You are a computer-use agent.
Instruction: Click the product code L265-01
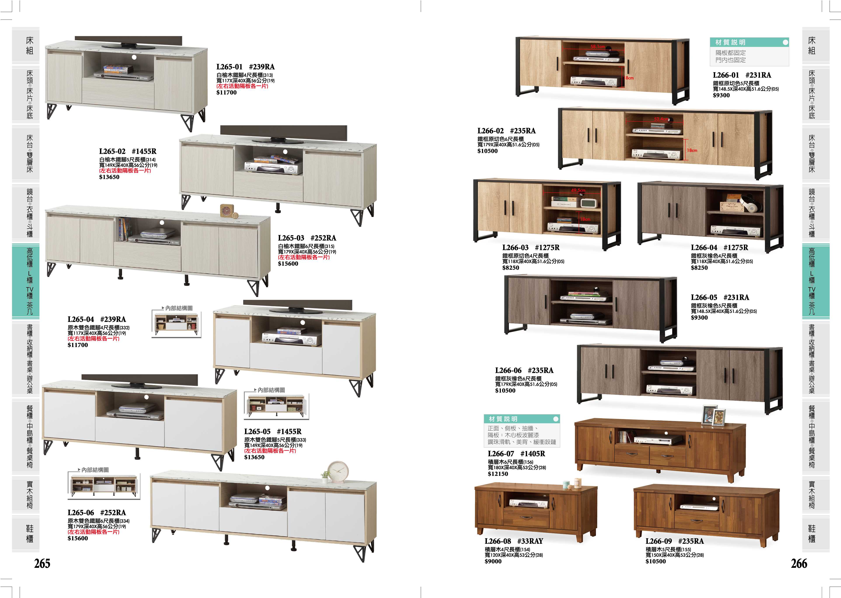tap(229, 67)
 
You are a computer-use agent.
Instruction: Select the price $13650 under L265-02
tap(109, 177)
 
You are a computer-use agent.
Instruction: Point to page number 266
tap(799, 563)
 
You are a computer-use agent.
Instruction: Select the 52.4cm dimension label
tap(661, 119)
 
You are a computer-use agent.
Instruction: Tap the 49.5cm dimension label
tap(578, 190)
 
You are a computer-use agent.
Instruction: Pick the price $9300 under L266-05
tap(699, 317)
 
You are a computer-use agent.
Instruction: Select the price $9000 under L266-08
tap(493, 561)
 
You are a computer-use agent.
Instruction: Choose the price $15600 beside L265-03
tap(288, 264)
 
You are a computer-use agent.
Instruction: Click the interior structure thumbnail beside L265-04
tap(176, 324)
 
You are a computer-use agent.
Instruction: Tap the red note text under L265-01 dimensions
tap(242, 86)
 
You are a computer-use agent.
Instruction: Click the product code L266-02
tap(491, 131)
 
